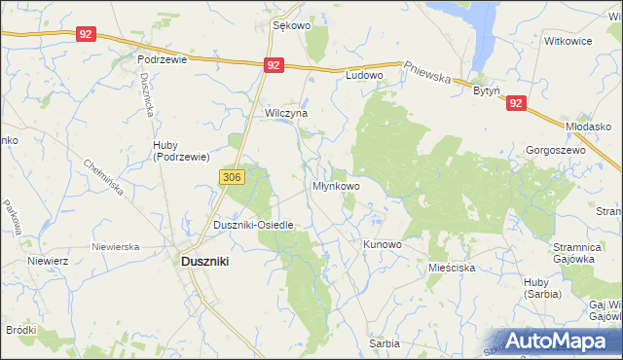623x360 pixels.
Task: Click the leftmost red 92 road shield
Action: tap(87, 34)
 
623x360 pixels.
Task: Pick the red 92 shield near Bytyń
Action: tap(516, 102)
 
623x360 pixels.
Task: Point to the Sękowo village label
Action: tap(291, 26)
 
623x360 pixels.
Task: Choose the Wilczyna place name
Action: tap(286, 113)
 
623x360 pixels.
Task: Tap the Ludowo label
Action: tap(365, 74)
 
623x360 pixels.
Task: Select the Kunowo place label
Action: tap(382, 244)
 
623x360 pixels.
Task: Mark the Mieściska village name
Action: tap(451, 266)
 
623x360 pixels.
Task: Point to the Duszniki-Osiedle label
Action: tap(253, 225)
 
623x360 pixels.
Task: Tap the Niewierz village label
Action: tap(47, 261)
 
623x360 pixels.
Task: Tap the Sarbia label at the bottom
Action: tap(385, 344)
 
